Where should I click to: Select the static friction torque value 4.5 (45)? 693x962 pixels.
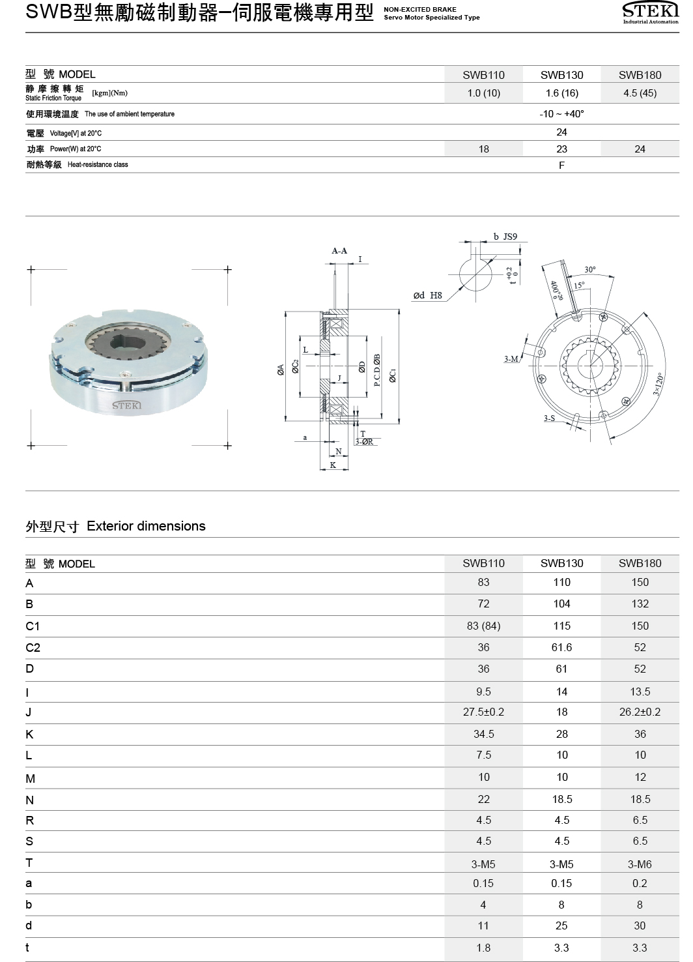tap(640, 93)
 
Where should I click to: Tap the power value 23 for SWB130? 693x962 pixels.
tap(561, 149)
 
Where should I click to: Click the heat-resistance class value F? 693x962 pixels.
tap(561, 166)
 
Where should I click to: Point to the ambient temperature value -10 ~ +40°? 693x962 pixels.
tap(561, 114)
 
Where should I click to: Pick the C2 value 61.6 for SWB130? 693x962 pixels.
tap(561, 647)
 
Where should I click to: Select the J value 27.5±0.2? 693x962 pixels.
tap(483, 712)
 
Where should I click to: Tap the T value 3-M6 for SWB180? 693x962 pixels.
tap(640, 864)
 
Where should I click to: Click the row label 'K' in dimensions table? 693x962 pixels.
tap(29, 735)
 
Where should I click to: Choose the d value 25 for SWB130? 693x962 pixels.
tap(561, 926)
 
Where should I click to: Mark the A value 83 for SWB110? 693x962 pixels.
tap(483, 583)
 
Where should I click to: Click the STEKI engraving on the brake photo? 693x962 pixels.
tap(126, 405)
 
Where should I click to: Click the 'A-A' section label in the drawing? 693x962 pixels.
tap(339, 251)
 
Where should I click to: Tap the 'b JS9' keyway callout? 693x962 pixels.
tap(505, 237)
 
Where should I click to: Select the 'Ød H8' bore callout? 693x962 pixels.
tap(427, 295)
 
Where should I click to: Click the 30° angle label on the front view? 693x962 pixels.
tap(589, 269)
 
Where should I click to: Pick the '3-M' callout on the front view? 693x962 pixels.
tap(511, 359)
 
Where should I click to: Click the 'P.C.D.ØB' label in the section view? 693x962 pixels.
tap(377, 370)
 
